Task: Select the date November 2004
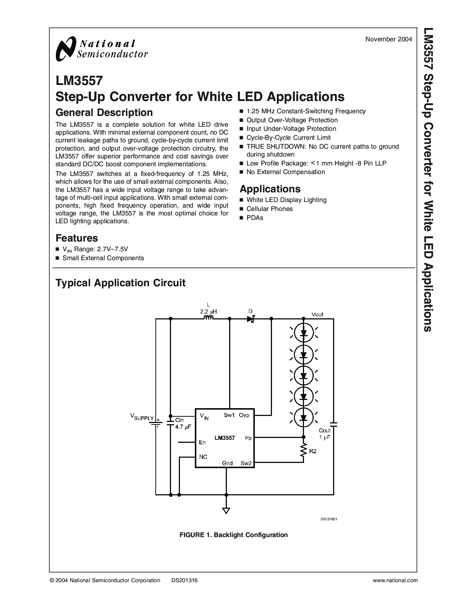click(x=388, y=39)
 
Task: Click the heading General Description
click(x=104, y=113)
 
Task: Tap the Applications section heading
click(x=270, y=189)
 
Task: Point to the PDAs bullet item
click(x=255, y=218)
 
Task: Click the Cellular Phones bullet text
click(x=269, y=209)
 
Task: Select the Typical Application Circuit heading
click(x=120, y=283)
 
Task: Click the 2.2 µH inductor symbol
click(x=208, y=318)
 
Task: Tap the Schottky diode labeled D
click(x=250, y=319)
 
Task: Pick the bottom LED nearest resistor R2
click(x=303, y=417)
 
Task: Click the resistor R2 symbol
click(x=303, y=450)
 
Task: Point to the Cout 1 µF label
click(x=324, y=434)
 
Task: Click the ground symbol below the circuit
click(x=226, y=510)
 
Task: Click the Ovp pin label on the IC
click(x=244, y=415)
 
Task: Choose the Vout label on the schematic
click(x=317, y=314)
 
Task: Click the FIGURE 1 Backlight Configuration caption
click(x=234, y=535)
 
